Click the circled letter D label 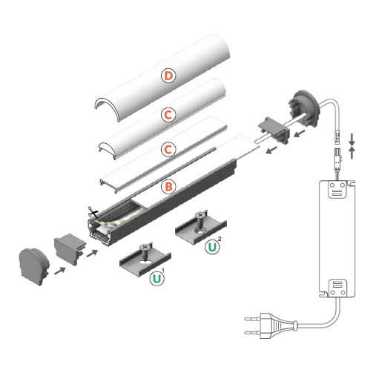tap(169, 76)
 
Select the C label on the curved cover tap(169, 115)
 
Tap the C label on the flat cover tap(169, 150)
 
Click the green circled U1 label tap(156, 280)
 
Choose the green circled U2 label tap(213, 246)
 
